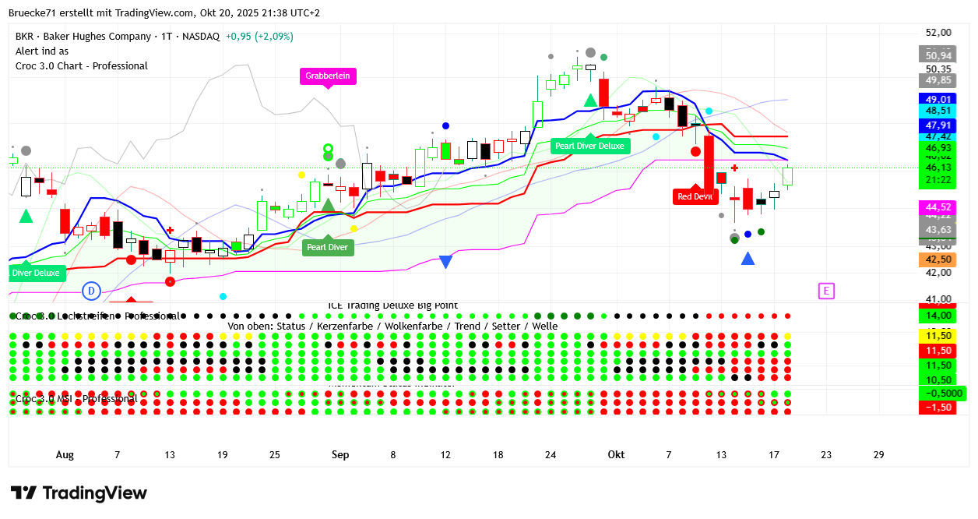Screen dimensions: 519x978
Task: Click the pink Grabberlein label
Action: (327, 76)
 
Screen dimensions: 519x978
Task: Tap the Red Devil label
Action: (695, 196)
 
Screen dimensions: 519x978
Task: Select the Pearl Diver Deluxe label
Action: (589, 146)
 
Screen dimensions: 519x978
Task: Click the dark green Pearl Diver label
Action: (327, 248)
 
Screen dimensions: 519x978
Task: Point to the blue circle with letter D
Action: (91, 291)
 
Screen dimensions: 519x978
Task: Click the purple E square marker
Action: (826, 291)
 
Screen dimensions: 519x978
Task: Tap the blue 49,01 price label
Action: (938, 100)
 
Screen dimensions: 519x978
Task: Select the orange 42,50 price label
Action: (938, 259)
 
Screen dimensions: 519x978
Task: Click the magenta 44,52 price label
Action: (938, 207)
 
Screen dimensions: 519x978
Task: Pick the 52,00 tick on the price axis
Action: (938, 33)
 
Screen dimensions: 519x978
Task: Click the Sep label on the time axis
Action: (340, 455)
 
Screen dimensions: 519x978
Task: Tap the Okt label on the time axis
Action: (616, 455)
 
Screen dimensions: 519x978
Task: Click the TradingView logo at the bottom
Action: (79, 493)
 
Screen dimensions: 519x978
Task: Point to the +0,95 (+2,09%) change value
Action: (259, 37)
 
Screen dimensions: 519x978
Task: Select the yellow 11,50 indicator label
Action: (938, 335)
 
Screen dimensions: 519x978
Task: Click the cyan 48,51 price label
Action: (938, 111)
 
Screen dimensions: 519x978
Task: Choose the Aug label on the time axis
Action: (65, 455)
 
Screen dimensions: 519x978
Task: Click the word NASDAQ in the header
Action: (201, 37)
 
